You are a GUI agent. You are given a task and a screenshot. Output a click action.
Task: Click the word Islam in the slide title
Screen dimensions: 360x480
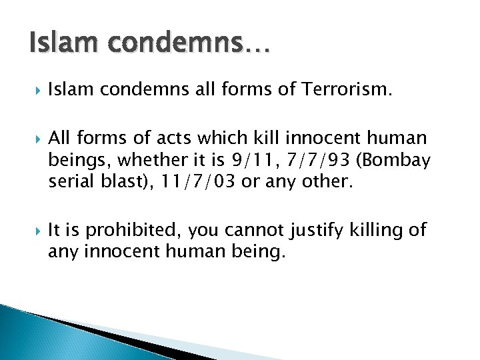[x=59, y=45]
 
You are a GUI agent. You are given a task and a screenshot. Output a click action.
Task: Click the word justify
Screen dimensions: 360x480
[x=315, y=231]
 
